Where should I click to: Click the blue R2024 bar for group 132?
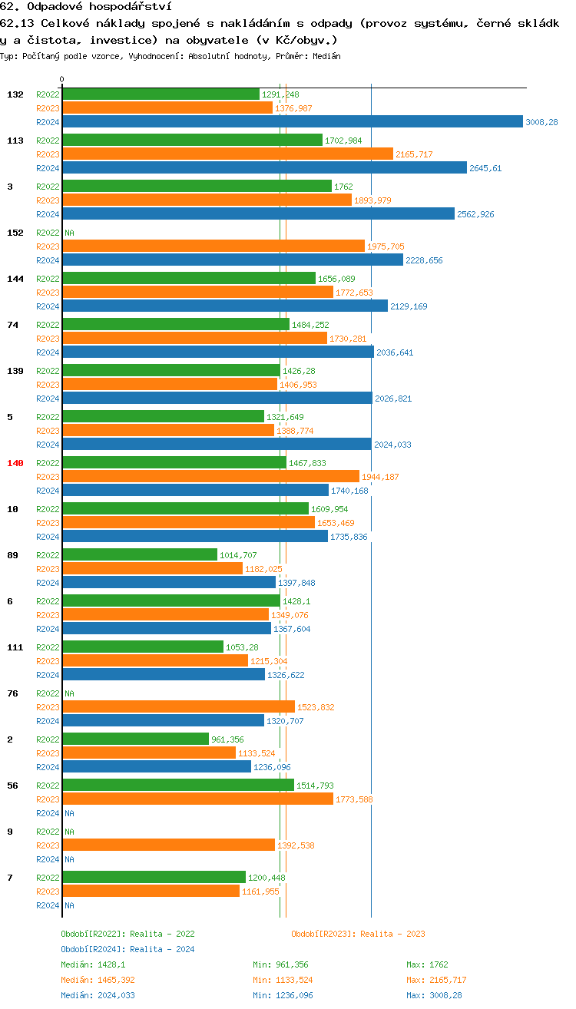tap(292, 122)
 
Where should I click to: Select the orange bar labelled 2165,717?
tap(227, 154)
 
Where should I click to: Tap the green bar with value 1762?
tap(197, 187)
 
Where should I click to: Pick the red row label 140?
tap(15, 463)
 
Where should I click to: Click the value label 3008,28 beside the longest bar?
tap(541, 122)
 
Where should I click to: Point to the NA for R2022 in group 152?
tap(69, 233)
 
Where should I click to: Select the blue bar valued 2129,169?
tap(225, 306)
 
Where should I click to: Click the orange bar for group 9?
tap(168, 845)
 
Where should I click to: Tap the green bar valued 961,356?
tap(135, 739)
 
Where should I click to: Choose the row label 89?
tap(12, 555)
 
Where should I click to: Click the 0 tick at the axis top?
tap(62, 79)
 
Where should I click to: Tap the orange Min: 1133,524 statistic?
tap(283, 980)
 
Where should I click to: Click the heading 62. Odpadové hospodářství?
tap(85, 7)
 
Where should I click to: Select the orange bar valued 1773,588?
tap(197, 799)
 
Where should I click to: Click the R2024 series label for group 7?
tap(48, 905)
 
